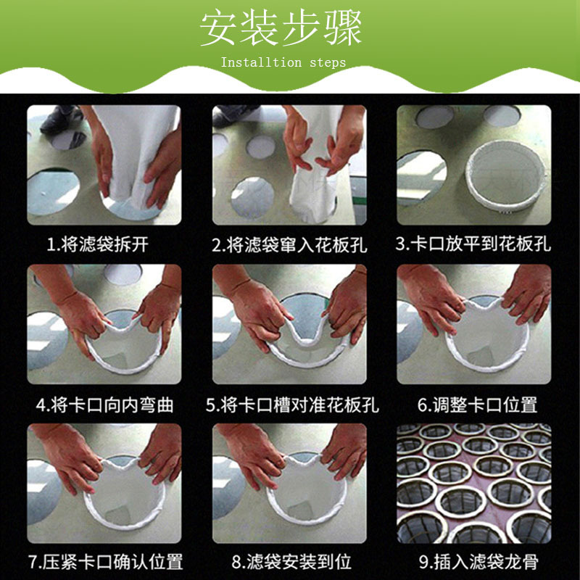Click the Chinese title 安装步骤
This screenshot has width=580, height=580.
281,28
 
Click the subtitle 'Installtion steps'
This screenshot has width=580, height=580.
283,62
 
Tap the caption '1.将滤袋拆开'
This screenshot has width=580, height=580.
98,244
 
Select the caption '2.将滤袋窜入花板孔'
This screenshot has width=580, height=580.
289,244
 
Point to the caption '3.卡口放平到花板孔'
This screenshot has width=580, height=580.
473,244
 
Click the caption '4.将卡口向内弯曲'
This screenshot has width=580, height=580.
104,405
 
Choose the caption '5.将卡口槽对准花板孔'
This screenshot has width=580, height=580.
292,405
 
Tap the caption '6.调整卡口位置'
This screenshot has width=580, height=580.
477,405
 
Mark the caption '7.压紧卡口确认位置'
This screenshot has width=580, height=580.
105,562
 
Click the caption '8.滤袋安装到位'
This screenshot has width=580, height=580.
291,562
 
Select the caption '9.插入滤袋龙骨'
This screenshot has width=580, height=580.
478,562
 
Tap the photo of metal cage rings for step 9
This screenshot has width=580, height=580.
474,483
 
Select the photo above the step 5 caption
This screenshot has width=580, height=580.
289,324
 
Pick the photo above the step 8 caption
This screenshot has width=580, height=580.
289,483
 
